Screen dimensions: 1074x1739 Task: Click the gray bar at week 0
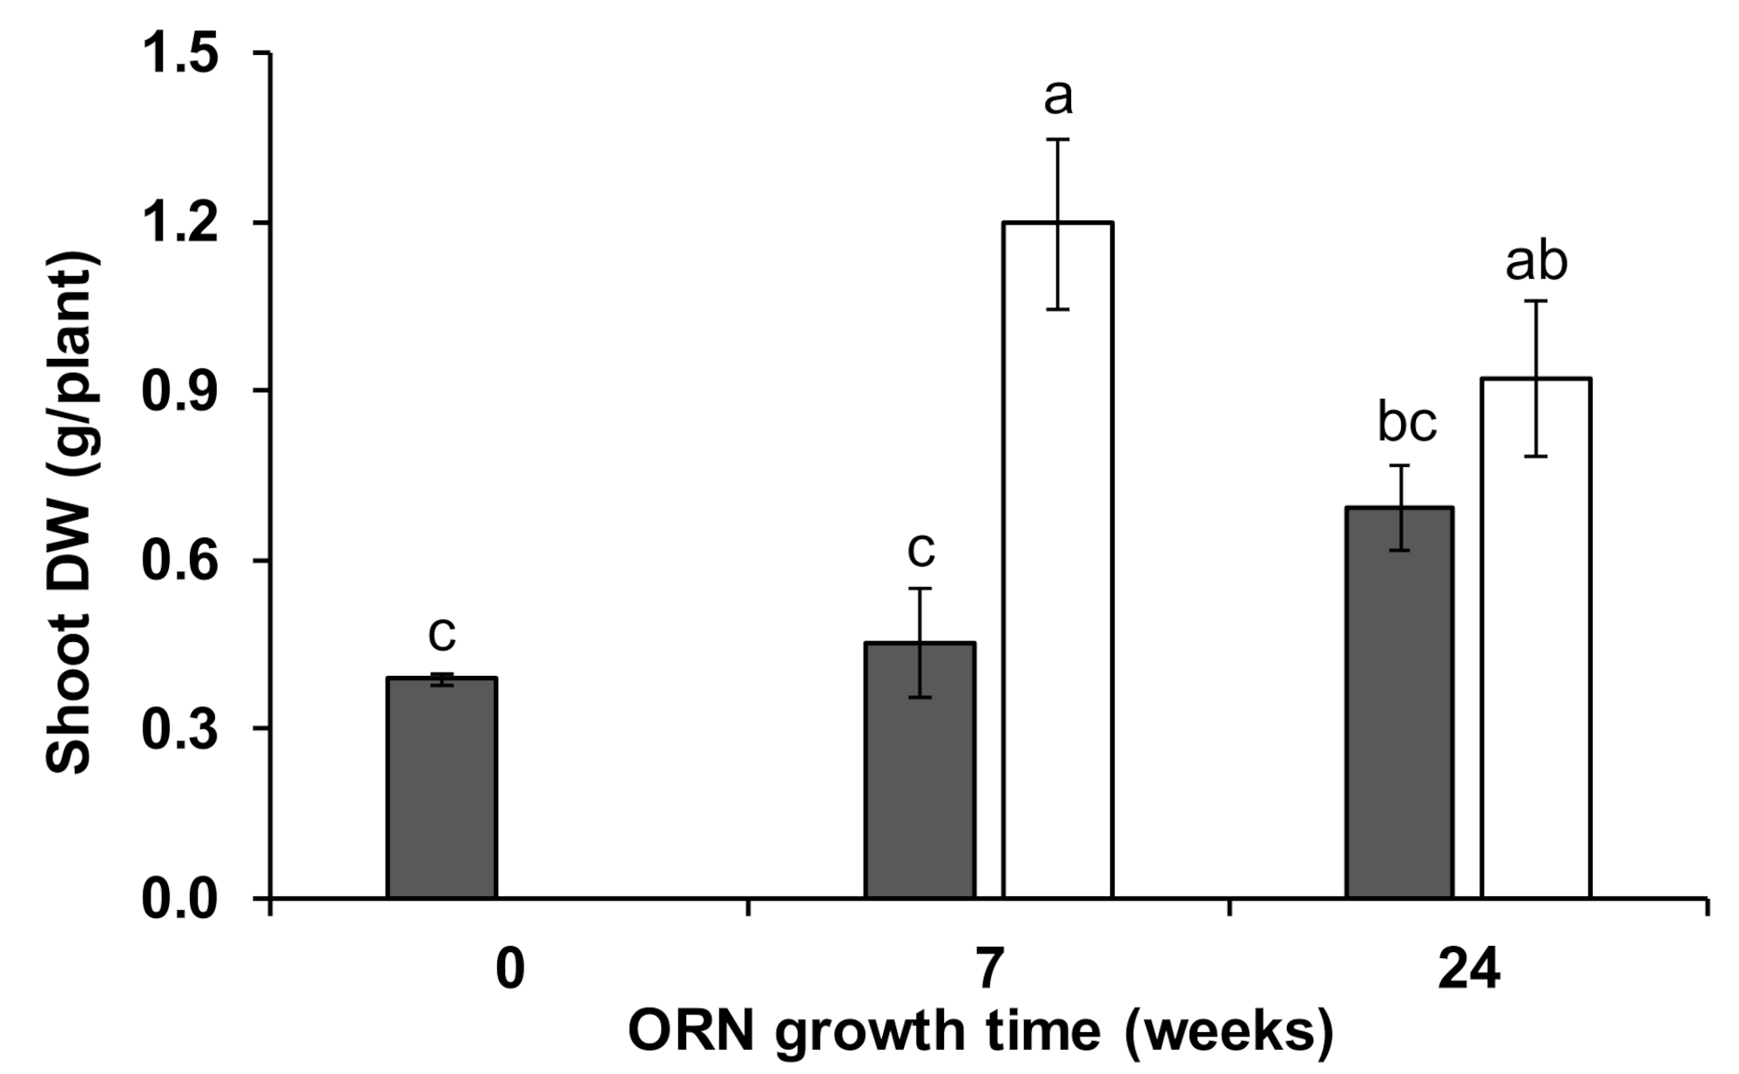point(441,787)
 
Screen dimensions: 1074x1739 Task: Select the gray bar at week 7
point(920,770)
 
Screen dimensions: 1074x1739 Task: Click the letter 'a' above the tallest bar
point(1058,98)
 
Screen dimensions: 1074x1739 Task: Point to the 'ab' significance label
point(1536,261)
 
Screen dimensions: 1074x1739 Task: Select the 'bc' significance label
point(1406,423)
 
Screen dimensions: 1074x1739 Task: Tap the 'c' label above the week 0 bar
point(441,634)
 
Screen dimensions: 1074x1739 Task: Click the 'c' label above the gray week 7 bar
point(920,550)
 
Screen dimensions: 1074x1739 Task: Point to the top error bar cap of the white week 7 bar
point(1057,139)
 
